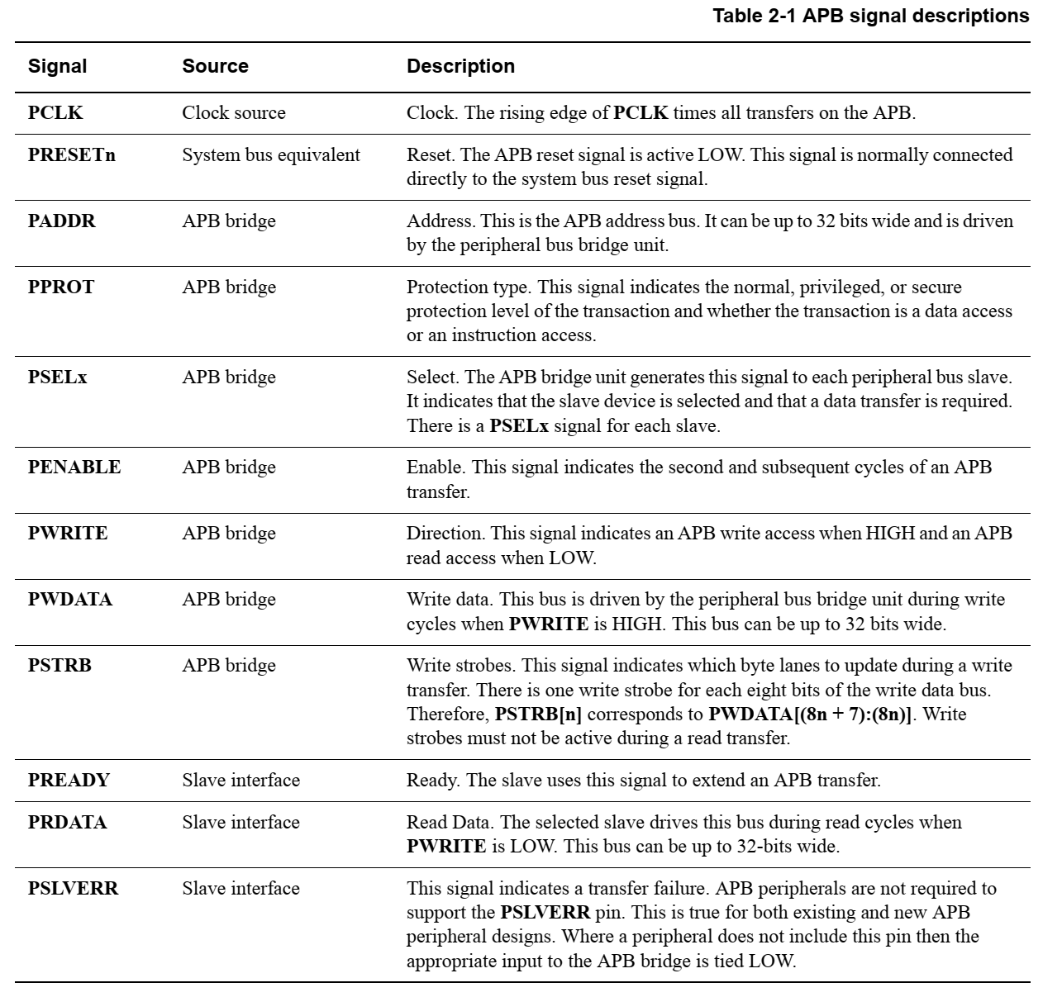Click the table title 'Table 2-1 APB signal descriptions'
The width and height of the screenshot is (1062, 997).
871,16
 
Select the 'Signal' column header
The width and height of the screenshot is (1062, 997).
57,66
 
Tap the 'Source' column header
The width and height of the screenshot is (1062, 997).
215,66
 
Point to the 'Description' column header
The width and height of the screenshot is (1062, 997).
460,66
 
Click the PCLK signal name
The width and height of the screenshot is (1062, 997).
55,113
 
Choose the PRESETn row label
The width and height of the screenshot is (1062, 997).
71,154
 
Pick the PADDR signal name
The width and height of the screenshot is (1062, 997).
61,221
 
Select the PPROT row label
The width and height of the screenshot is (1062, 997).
61,287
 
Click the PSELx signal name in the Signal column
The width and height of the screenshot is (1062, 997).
57,377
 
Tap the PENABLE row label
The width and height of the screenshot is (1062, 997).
74,467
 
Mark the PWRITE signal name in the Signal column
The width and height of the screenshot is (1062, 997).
68,533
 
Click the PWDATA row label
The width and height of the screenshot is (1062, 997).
69,599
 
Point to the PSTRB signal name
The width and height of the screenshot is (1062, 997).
60,665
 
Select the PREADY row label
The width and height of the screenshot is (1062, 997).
69,780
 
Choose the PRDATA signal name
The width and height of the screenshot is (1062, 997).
67,822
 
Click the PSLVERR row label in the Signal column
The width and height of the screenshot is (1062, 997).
73,888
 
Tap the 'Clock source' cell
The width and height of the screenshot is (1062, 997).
234,113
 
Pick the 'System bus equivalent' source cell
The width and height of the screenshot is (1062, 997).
271,154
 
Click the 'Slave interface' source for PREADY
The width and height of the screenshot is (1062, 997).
240,780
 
